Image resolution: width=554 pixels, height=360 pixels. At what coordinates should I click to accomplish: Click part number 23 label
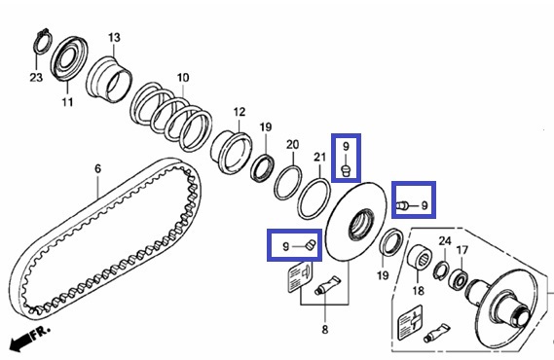pyautogui.click(x=36, y=77)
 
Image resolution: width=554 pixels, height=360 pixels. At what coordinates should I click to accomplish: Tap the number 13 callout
pyautogui.click(x=114, y=37)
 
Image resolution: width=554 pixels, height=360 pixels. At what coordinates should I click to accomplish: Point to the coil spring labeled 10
pyautogui.click(x=171, y=117)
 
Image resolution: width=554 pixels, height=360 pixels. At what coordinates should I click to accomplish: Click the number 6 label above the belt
pyautogui.click(x=98, y=168)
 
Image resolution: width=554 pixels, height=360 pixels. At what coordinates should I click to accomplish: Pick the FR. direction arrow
pyautogui.click(x=20, y=341)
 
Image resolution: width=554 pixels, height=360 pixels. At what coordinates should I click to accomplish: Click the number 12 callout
pyautogui.click(x=240, y=112)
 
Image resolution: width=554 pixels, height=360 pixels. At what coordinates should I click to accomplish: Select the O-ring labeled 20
pyautogui.click(x=288, y=183)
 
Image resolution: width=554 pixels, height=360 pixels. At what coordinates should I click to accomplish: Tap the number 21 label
pyautogui.click(x=319, y=157)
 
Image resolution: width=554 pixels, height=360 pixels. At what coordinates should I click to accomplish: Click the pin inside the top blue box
pyautogui.click(x=346, y=170)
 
